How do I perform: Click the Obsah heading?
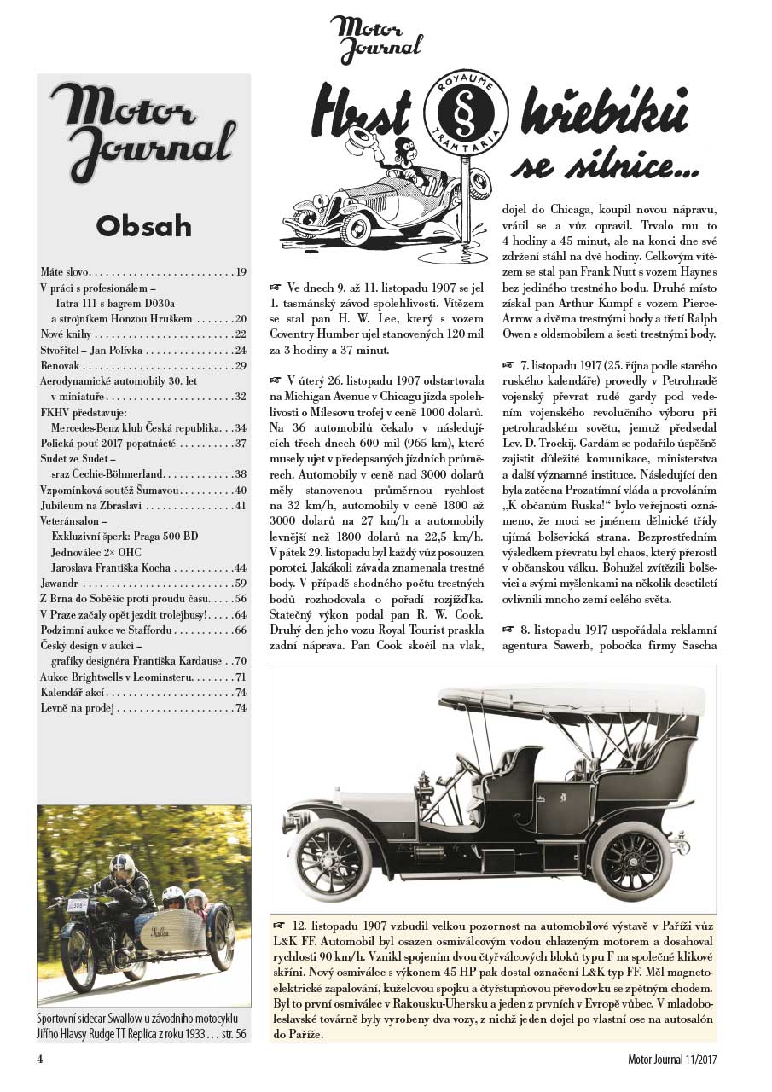143,225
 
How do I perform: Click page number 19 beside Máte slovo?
241,272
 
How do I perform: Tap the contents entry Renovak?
61,366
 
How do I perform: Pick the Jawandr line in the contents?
63,584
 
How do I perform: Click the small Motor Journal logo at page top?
376,39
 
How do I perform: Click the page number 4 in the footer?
40,1060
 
